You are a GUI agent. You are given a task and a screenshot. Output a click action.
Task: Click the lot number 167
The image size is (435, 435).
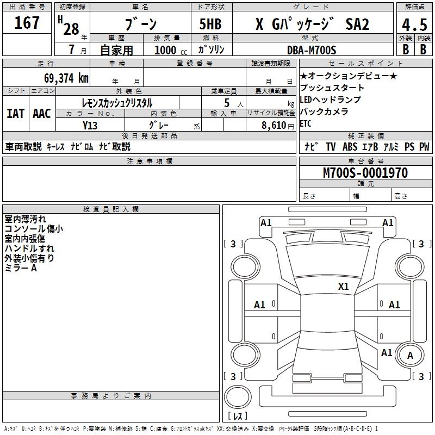(x=27, y=23)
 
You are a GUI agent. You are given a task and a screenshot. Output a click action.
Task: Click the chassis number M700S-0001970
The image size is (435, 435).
(x=365, y=173)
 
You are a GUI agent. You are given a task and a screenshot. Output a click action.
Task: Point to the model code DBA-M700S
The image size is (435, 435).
(x=311, y=50)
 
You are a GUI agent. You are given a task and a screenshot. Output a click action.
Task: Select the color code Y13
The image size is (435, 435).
(x=90, y=125)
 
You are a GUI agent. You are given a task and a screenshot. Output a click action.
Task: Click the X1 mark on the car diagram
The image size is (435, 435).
(x=344, y=286)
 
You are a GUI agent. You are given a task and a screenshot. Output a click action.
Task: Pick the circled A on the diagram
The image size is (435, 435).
(x=410, y=356)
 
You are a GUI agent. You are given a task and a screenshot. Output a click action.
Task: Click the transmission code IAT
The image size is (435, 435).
(x=15, y=113)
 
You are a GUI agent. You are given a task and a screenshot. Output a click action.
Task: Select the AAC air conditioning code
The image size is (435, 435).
(x=41, y=113)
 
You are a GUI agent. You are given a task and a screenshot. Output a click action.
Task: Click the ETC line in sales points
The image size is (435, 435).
(x=306, y=123)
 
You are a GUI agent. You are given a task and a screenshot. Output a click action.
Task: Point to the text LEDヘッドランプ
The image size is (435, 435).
(x=330, y=100)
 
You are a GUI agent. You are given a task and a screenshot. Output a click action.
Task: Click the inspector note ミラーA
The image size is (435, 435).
(x=21, y=268)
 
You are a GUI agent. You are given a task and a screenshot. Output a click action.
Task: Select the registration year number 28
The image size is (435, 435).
(x=71, y=28)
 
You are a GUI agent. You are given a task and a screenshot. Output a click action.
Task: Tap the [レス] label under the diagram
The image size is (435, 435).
(x=238, y=417)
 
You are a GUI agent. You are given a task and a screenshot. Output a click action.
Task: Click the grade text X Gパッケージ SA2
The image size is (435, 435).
(x=312, y=24)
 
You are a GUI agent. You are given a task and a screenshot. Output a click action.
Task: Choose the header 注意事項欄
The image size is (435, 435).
(x=150, y=161)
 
